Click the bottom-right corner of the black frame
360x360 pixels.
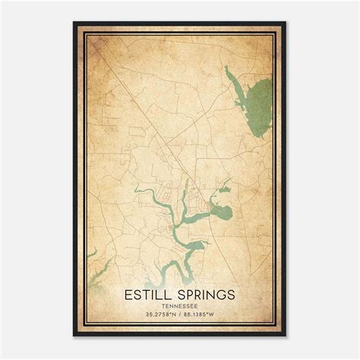coord(286,336)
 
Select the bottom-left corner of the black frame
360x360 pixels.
coord(74,336)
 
